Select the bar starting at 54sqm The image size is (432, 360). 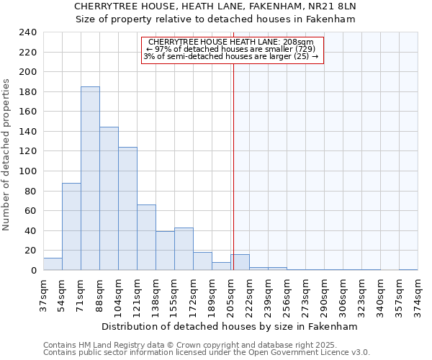click(71, 227)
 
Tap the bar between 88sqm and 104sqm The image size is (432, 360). click(109, 199)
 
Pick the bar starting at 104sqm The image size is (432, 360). click(127, 209)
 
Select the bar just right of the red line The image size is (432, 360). click(240, 263)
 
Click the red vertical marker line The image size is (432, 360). click(233, 158)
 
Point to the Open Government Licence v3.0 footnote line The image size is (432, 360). click(207, 353)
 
